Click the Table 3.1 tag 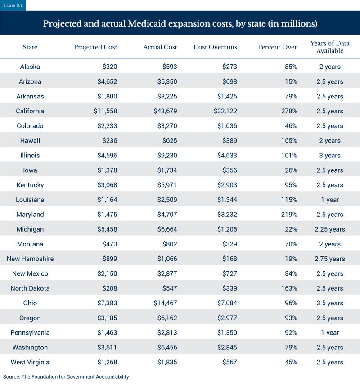(13, 5)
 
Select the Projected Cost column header (95, 47)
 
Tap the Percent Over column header (277, 47)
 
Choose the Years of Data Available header (329, 47)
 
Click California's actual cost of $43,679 (164, 111)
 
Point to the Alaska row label (30, 67)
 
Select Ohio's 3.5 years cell (329, 303)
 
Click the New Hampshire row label (30, 259)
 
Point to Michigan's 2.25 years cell (329, 229)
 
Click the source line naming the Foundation (66, 376)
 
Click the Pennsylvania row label (30, 333)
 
